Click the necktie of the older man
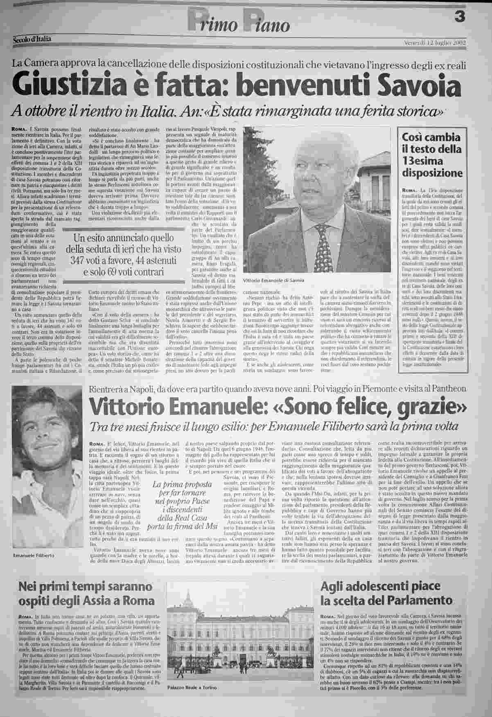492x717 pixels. click(320, 238)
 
